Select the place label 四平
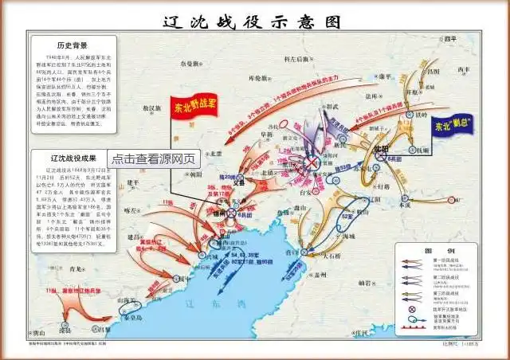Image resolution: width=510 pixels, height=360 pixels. tap(453, 39)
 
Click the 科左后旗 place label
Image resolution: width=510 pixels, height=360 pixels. tap(300, 59)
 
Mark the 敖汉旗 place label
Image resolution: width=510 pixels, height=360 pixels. tap(151, 107)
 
